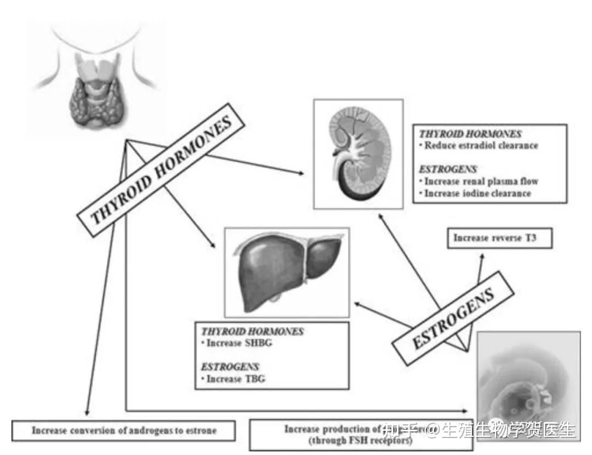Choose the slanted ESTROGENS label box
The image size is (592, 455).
pos(453,318)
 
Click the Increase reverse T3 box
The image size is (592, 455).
pos(499,238)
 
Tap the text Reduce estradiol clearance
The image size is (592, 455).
pos(481,146)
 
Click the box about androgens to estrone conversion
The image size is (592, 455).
pos(124,430)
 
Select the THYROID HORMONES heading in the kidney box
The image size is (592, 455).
pos(470,134)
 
